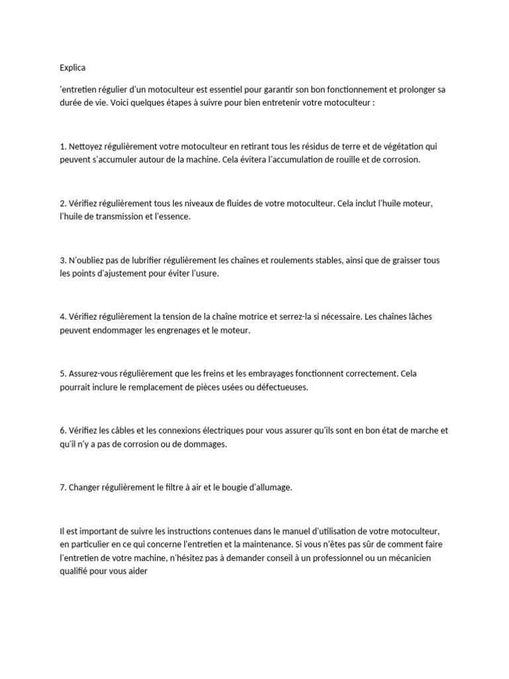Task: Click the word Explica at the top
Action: click(x=72, y=68)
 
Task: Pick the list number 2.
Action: click(x=62, y=204)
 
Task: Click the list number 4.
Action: click(x=62, y=317)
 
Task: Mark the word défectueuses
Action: click(x=282, y=387)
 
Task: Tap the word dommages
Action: click(x=205, y=444)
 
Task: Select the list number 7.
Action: click(x=62, y=487)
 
